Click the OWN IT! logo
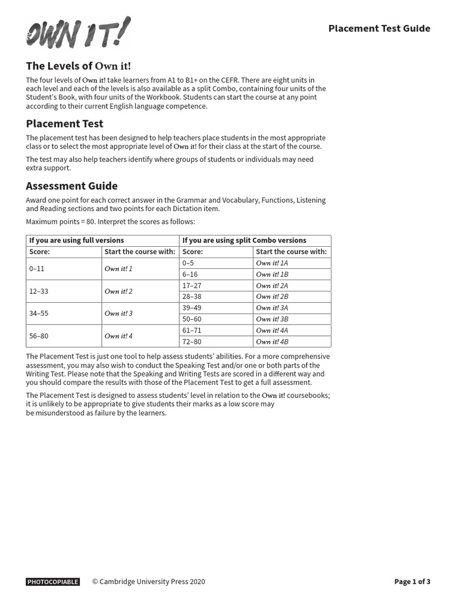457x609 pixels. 77,33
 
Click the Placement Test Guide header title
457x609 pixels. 379,29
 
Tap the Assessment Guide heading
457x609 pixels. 72,186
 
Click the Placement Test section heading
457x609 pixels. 65,124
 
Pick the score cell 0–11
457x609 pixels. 37,269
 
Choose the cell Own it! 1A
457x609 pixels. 272,263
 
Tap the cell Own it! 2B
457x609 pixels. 272,297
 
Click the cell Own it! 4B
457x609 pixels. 272,342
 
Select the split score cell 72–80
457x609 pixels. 192,342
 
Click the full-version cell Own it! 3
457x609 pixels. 118,313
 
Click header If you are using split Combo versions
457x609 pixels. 245,240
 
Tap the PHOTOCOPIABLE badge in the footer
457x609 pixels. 53,582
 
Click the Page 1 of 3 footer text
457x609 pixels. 412,582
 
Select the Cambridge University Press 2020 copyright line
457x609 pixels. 148,582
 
